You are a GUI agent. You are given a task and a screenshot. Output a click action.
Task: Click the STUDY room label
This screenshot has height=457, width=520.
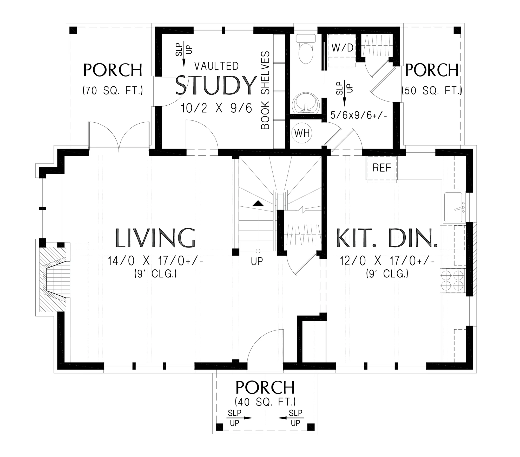point(216,85)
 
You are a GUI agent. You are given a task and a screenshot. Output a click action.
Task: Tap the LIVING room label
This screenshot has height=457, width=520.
point(155,238)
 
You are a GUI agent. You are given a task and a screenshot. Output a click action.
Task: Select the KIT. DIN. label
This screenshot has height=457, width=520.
point(387,238)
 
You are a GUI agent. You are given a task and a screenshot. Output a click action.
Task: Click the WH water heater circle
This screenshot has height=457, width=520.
point(302,133)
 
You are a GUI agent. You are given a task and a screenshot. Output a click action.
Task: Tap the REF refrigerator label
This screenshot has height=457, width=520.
point(381,168)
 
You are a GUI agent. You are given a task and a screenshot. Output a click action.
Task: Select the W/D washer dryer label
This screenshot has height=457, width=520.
point(343,48)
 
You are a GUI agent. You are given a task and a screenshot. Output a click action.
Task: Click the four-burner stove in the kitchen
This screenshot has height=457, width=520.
point(452,281)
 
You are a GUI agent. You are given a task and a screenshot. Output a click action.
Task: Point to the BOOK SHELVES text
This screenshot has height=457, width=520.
point(265,90)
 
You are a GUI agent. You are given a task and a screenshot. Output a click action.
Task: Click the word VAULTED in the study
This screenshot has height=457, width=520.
point(216,66)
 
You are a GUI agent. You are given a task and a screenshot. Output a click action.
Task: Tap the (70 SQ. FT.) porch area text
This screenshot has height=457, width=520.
point(113,91)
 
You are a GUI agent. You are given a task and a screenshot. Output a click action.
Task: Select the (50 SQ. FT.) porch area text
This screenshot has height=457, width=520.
point(432,91)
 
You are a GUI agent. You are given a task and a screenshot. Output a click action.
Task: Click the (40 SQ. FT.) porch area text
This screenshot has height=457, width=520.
point(265,402)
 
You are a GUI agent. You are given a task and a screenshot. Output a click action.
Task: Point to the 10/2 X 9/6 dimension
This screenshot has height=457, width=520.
point(216,108)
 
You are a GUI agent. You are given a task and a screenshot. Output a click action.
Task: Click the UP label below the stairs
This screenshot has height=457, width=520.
point(257,261)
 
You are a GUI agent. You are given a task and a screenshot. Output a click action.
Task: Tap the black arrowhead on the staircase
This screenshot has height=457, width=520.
point(258,204)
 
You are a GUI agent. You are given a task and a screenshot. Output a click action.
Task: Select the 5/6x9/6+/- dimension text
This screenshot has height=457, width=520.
point(359,115)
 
